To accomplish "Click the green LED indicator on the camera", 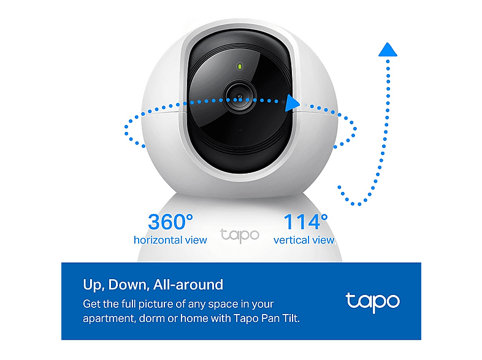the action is point(239,66).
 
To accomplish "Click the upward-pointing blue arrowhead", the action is point(388,50).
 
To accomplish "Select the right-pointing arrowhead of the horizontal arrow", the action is point(292,103).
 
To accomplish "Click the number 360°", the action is point(170,221).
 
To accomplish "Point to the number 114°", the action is point(305,221).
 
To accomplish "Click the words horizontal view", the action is point(170,240).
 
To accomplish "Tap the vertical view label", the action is point(304,240).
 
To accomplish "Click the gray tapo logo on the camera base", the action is point(240,236).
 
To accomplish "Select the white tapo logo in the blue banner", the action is point(373,302).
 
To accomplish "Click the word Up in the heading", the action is point(91,285).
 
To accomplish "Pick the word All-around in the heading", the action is point(188,285).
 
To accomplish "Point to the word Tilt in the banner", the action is point(291,318).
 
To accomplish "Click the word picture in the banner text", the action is point(156,304).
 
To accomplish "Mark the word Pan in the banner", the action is point(270,318).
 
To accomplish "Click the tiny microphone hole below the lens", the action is point(240,129).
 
